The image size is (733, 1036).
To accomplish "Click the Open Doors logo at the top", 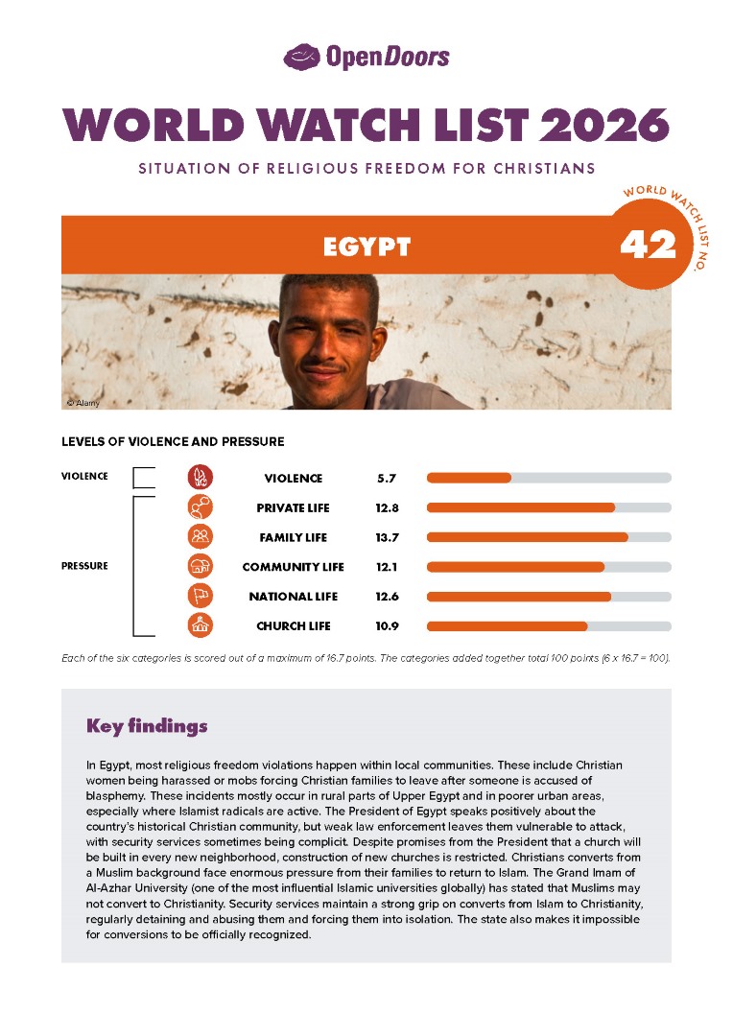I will tap(366, 57).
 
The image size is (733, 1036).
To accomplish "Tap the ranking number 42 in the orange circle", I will tap(648, 246).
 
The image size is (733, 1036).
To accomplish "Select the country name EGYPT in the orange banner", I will tap(366, 247).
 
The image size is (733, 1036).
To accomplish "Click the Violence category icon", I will tap(201, 478).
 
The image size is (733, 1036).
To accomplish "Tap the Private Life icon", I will tap(201, 507).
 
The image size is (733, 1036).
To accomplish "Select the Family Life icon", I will tap(201, 537).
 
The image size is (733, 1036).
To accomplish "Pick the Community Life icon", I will tap(201, 567).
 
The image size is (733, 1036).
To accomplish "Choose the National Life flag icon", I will tap(201, 597).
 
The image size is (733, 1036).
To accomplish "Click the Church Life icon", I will tap(201, 626).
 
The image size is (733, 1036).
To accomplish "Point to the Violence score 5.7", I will tap(387, 478).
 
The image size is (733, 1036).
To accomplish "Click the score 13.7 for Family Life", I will tap(387, 537).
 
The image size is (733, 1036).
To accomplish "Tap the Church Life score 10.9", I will tap(387, 626).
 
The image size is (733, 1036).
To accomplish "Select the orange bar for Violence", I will tap(468, 478).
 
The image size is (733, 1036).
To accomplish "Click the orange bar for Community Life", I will tap(515, 567).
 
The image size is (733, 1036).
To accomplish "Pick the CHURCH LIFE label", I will tap(293, 626).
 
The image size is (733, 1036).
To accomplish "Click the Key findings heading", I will tap(147, 725).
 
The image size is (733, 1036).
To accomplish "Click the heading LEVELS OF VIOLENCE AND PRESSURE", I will tap(173, 442).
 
